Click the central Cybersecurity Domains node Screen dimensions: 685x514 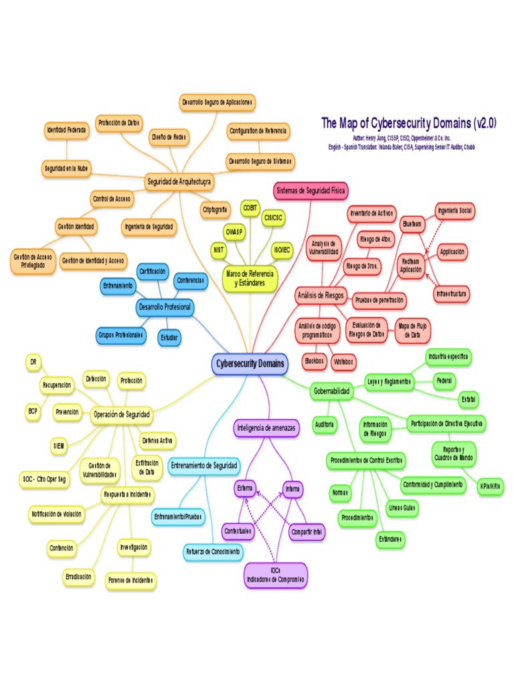[x=250, y=364]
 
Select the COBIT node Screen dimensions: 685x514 [x=250, y=207]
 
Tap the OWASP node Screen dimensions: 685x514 [x=234, y=231]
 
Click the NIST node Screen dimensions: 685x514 [x=218, y=249]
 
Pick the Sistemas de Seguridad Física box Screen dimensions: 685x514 [x=311, y=191]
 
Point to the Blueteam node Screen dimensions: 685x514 [x=412, y=225]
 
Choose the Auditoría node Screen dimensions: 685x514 [x=325, y=425]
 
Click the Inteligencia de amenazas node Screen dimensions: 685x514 [x=266, y=427]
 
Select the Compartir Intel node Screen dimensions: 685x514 [x=307, y=532]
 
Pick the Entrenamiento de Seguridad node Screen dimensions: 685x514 [x=203, y=465]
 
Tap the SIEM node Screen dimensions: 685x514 [x=60, y=445]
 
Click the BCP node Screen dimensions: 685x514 [x=33, y=411]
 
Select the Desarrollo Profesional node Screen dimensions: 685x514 [x=164, y=308]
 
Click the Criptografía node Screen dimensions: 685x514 [x=215, y=209]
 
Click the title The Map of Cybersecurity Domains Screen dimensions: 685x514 [x=408, y=124]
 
